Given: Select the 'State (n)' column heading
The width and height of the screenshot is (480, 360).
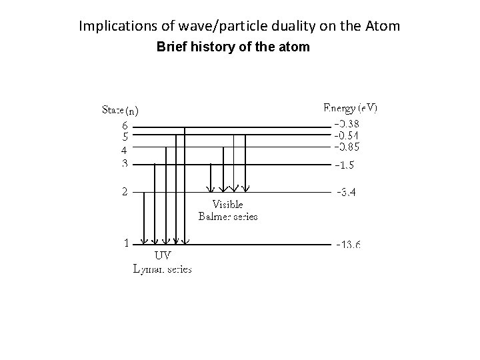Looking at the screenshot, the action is click(120, 109).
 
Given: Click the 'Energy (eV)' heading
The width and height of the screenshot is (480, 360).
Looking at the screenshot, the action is click(350, 107).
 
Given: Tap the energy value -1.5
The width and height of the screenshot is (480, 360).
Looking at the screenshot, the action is click(345, 165).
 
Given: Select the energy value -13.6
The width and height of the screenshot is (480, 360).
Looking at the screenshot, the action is click(348, 245).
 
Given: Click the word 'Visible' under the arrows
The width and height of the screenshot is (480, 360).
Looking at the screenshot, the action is click(227, 204).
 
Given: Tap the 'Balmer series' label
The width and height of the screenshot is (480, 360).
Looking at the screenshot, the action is click(228, 216).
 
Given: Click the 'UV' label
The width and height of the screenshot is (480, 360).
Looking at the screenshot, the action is click(163, 255).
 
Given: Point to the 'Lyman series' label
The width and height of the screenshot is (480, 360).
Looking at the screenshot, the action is click(163, 269).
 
